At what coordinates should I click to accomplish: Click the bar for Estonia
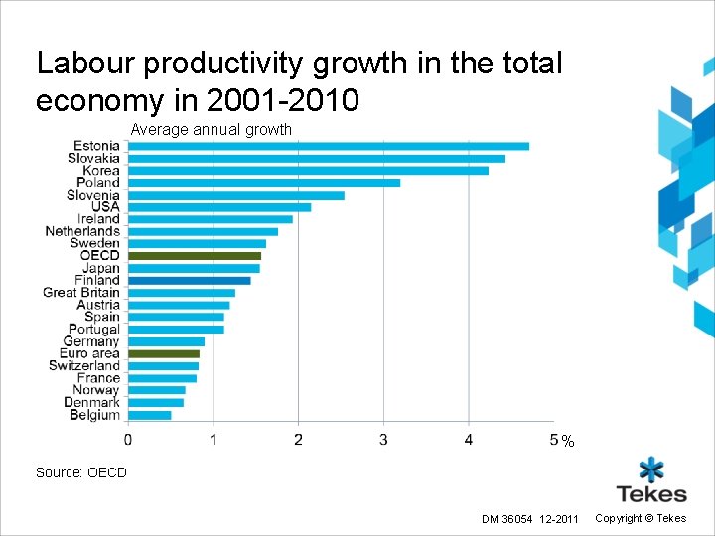(328, 146)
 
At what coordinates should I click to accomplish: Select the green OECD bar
(195, 256)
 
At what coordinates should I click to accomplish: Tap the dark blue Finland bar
(189, 281)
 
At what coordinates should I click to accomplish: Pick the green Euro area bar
(164, 353)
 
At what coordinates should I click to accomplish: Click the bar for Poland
(264, 183)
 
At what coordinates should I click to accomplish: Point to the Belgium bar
(150, 415)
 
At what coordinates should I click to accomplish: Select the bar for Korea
(308, 170)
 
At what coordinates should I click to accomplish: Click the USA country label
(105, 206)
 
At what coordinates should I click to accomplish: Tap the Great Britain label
(80, 293)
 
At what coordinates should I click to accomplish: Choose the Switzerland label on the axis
(84, 366)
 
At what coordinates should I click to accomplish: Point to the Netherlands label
(82, 231)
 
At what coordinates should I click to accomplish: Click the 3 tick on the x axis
(383, 439)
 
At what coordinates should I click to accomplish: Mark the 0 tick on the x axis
(128, 439)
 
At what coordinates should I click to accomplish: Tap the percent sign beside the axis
(567, 441)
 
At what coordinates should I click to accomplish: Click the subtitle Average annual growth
(212, 129)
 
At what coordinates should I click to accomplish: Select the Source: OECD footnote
(81, 472)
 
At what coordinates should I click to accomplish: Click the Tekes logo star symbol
(651, 470)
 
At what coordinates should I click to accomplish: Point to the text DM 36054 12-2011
(530, 519)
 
